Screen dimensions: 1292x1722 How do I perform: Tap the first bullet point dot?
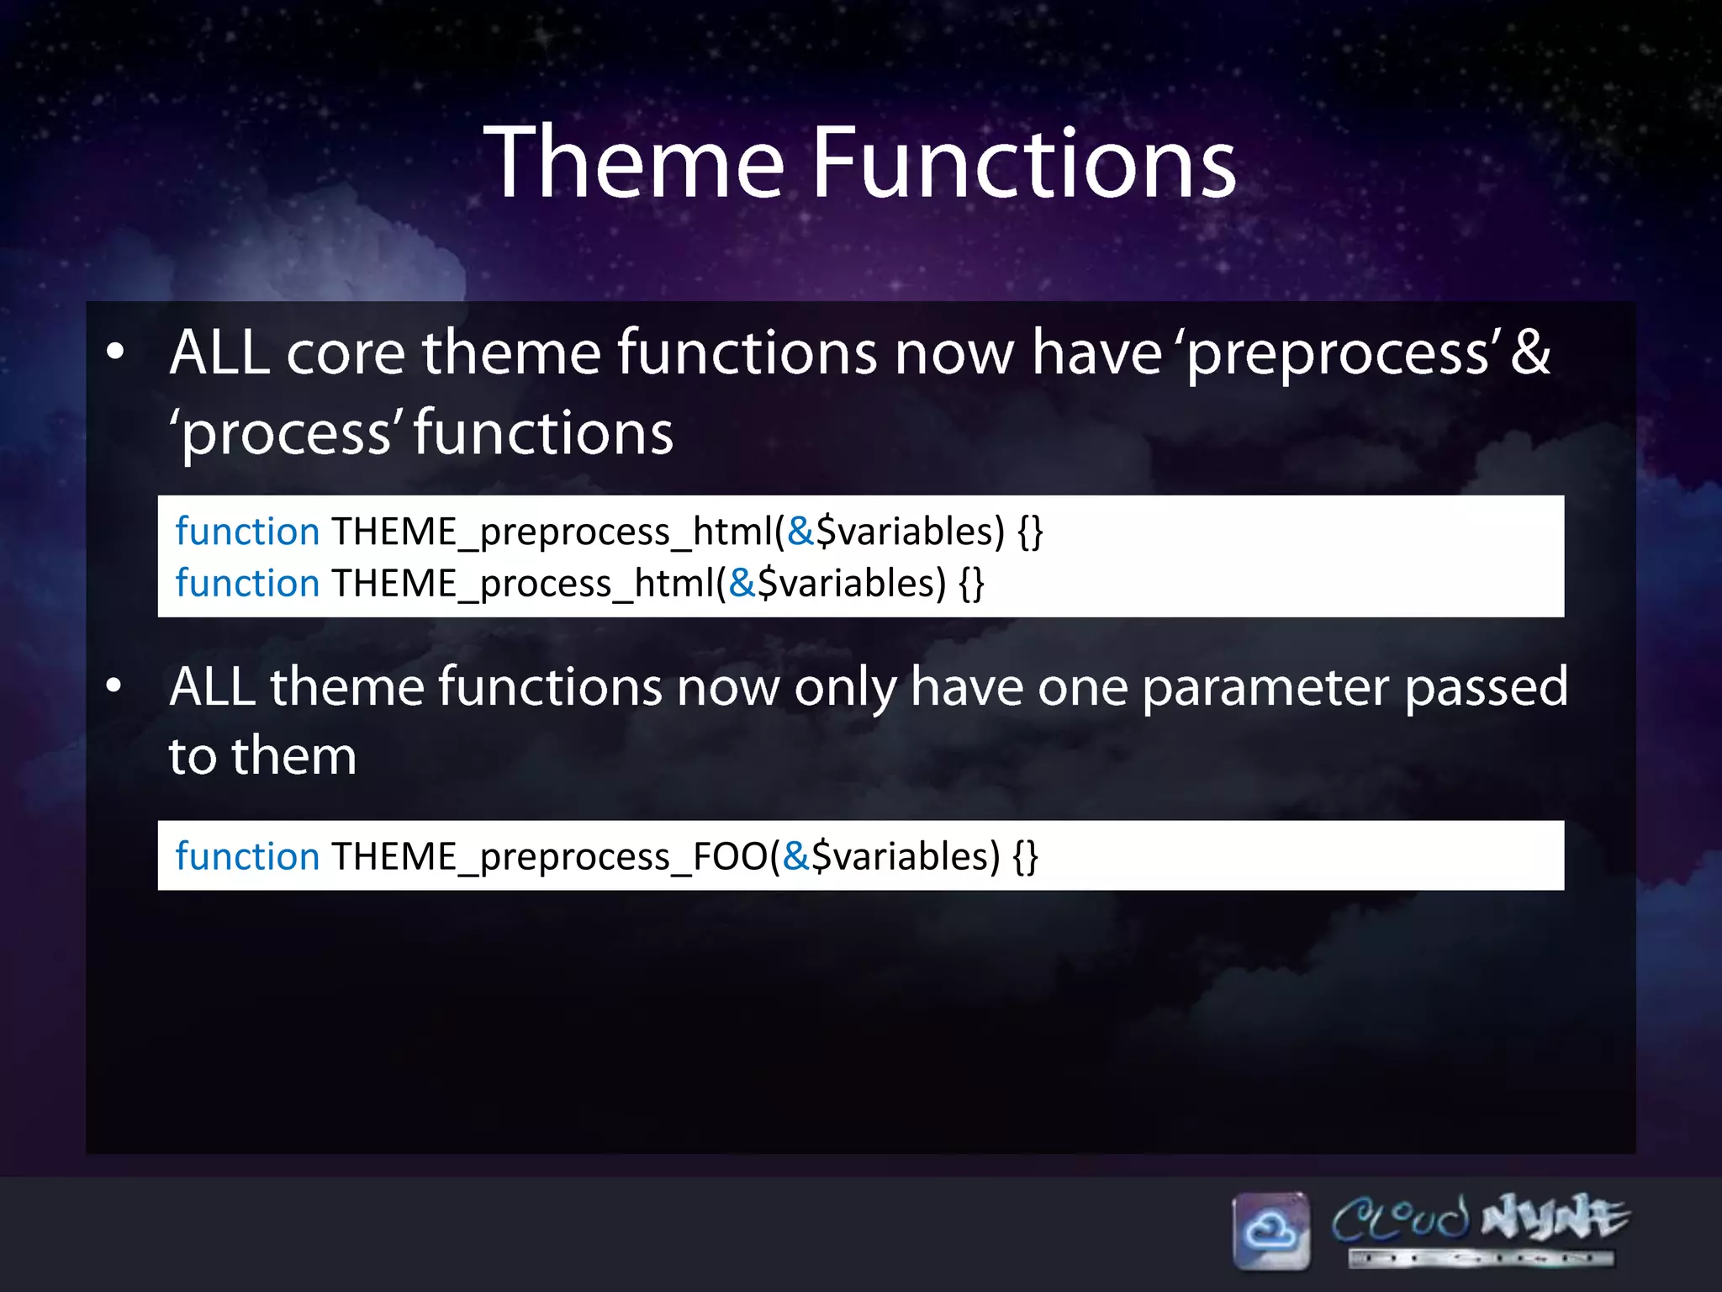(115, 352)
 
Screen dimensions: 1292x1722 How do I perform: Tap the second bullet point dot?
(115, 686)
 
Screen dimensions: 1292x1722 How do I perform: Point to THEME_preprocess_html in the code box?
(551, 532)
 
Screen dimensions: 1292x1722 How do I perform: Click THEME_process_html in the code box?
(521, 583)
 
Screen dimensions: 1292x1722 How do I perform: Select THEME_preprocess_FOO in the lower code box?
(548, 856)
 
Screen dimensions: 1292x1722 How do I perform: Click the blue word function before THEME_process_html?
(247, 583)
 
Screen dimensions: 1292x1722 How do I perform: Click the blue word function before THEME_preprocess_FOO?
(247, 856)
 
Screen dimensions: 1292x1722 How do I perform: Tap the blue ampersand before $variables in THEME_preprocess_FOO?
(795, 856)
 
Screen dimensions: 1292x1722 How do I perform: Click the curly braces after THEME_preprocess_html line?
(1030, 532)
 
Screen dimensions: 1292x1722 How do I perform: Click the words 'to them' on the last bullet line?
(262, 755)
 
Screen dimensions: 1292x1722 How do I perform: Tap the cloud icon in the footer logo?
(1270, 1231)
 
